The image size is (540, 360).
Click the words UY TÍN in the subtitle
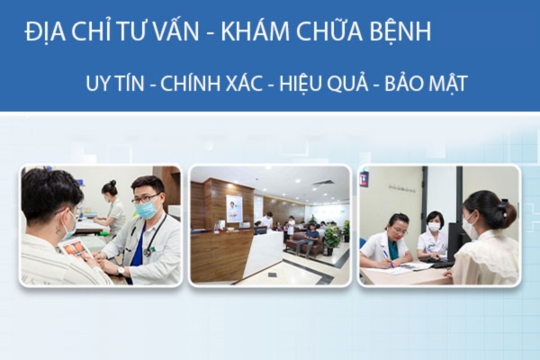(x=115, y=83)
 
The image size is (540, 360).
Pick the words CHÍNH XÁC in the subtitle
(x=211, y=83)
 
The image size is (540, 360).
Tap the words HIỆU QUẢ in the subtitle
(x=324, y=84)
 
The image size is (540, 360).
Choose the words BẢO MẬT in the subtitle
(x=426, y=84)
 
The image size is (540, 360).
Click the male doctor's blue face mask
(x=146, y=208)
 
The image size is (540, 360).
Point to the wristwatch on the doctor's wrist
(x=121, y=271)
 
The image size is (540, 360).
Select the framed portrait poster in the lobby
(x=234, y=209)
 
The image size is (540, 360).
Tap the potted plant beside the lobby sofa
(x=331, y=238)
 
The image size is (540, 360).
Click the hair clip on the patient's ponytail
(x=503, y=206)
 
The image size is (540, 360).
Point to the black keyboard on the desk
(x=443, y=265)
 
